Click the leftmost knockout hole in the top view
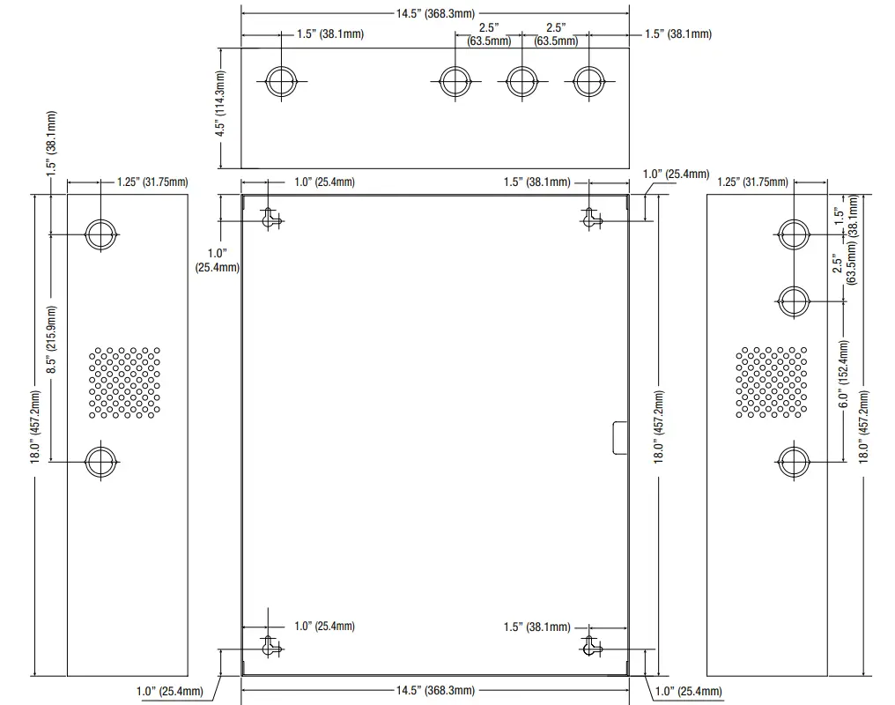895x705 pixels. point(282,82)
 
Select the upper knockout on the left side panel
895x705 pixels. point(100,234)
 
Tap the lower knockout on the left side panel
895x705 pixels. point(100,460)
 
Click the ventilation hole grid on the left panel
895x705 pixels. point(123,382)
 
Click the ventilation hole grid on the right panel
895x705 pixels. point(772,382)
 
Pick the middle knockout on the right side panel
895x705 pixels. point(794,301)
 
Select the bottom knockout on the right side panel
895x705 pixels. point(794,458)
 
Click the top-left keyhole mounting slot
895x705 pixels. point(270,217)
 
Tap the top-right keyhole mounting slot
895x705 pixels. point(590,217)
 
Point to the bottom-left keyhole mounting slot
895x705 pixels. point(270,646)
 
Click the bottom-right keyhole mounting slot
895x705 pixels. point(590,646)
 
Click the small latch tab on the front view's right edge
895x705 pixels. point(620,438)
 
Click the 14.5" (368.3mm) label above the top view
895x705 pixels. point(435,13)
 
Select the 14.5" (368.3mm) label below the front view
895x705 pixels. point(435,690)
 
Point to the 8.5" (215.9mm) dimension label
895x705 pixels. point(51,341)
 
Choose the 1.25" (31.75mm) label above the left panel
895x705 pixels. point(152,182)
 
